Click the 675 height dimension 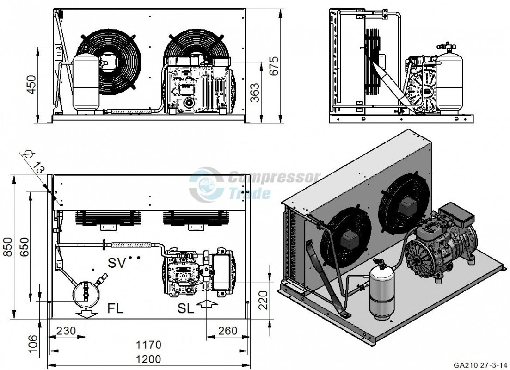click(274, 66)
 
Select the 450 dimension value click(31, 85)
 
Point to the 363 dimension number click(255, 93)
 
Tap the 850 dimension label click(8, 247)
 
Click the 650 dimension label click(24, 247)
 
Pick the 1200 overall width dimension click(148, 359)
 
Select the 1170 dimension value click(148, 344)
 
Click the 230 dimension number click(66, 331)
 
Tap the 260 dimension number click(227, 331)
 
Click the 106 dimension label click(32, 344)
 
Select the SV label click(117, 263)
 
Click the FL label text click(115, 308)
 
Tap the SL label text click(186, 308)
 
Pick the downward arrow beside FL click(86, 314)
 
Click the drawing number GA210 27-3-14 click(480, 364)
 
